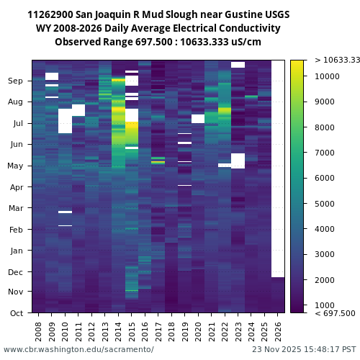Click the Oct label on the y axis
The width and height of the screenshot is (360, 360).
[x=16, y=313]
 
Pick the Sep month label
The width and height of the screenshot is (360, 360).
[x=16, y=81]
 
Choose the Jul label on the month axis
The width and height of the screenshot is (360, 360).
[x=17, y=124]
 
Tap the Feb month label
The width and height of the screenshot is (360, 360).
[x=16, y=230]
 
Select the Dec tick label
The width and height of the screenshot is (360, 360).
[x=16, y=272]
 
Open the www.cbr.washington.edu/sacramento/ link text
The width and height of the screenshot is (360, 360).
[x=78, y=349]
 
